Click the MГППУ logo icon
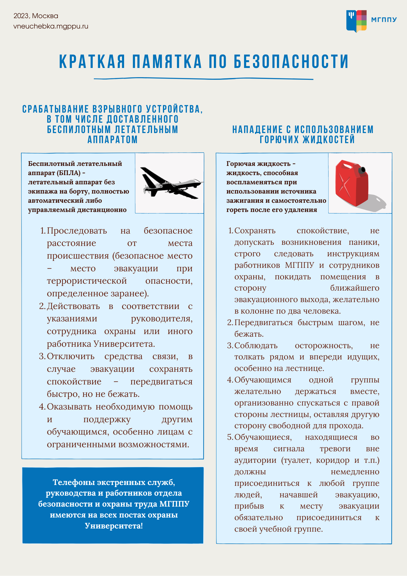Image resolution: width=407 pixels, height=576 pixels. click(356, 21)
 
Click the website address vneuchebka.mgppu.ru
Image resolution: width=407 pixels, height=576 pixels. click(51, 26)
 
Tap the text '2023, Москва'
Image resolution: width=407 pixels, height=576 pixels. click(36, 16)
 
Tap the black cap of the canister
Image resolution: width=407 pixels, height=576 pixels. click(362, 170)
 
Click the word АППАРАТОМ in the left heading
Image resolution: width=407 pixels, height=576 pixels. click(113, 140)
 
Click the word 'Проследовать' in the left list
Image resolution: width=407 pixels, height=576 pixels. click(77, 231)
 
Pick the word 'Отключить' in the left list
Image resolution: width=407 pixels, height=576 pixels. click(71, 356)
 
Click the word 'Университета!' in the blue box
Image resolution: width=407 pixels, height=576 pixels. click(114, 526)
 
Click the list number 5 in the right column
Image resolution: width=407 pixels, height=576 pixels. click(230, 437)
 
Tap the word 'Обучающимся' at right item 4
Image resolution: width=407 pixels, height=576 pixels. click(263, 380)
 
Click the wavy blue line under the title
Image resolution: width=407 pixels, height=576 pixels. click(203, 79)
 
